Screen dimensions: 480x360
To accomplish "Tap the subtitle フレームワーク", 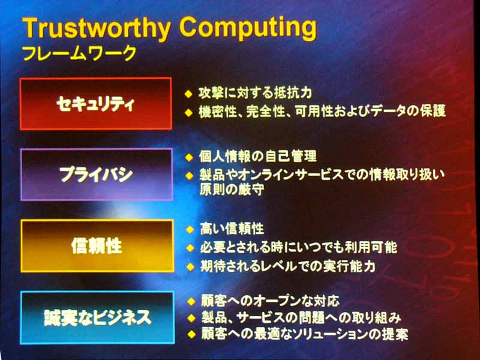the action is (80, 53).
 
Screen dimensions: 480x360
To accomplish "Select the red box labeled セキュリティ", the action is (96, 104).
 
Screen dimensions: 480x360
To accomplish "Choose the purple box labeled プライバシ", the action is (97, 175).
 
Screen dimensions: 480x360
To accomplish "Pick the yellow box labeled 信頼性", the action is (97, 246).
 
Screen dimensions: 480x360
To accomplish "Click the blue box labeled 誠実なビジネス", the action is (98, 317).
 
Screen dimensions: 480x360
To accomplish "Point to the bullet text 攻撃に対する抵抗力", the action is (256, 93).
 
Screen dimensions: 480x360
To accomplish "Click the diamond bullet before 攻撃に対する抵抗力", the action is (188, 94).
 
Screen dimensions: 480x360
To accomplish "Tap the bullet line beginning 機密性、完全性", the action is (322, 111).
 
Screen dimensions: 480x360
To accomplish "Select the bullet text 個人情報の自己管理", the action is (258, 157).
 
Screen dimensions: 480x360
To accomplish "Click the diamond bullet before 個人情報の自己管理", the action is (189, 157).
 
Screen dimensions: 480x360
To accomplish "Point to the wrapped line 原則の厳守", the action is (232, 190).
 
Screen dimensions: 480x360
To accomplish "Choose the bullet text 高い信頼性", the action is (232, 229).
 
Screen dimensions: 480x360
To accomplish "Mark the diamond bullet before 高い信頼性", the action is (190, 229).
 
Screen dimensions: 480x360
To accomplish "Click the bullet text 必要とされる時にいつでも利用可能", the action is (299, 247).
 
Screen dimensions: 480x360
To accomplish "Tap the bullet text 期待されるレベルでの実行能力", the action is (288, 266).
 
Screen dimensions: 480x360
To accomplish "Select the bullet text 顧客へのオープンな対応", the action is (271, 301).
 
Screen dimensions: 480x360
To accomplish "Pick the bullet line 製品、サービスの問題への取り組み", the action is (301, 317).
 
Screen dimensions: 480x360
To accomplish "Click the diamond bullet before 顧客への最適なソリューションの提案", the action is (191, 334).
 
